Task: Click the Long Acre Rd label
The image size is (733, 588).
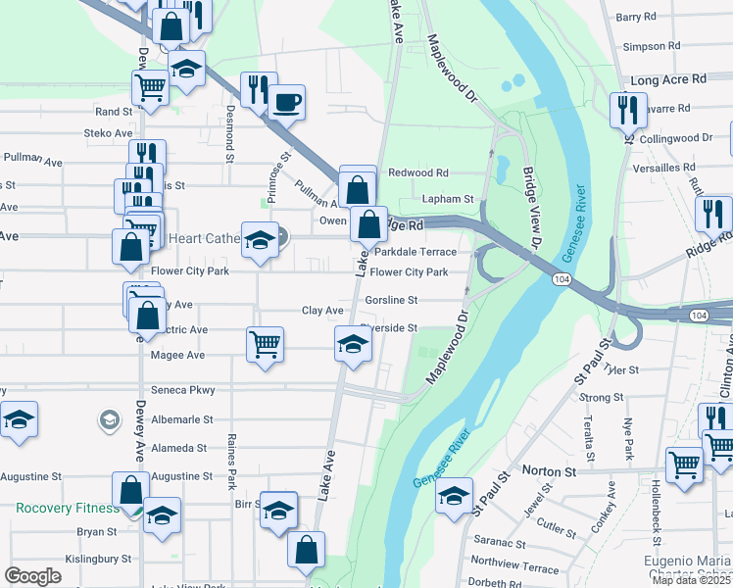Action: click(x=669, y=79)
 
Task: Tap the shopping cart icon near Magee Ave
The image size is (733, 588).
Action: click(x=266, y=344)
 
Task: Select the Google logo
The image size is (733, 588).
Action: click(x=33, y=576)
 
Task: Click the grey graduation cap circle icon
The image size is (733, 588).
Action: click(x=109, y=421)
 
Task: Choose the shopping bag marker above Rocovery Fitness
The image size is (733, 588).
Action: click(x=130, y=489)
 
